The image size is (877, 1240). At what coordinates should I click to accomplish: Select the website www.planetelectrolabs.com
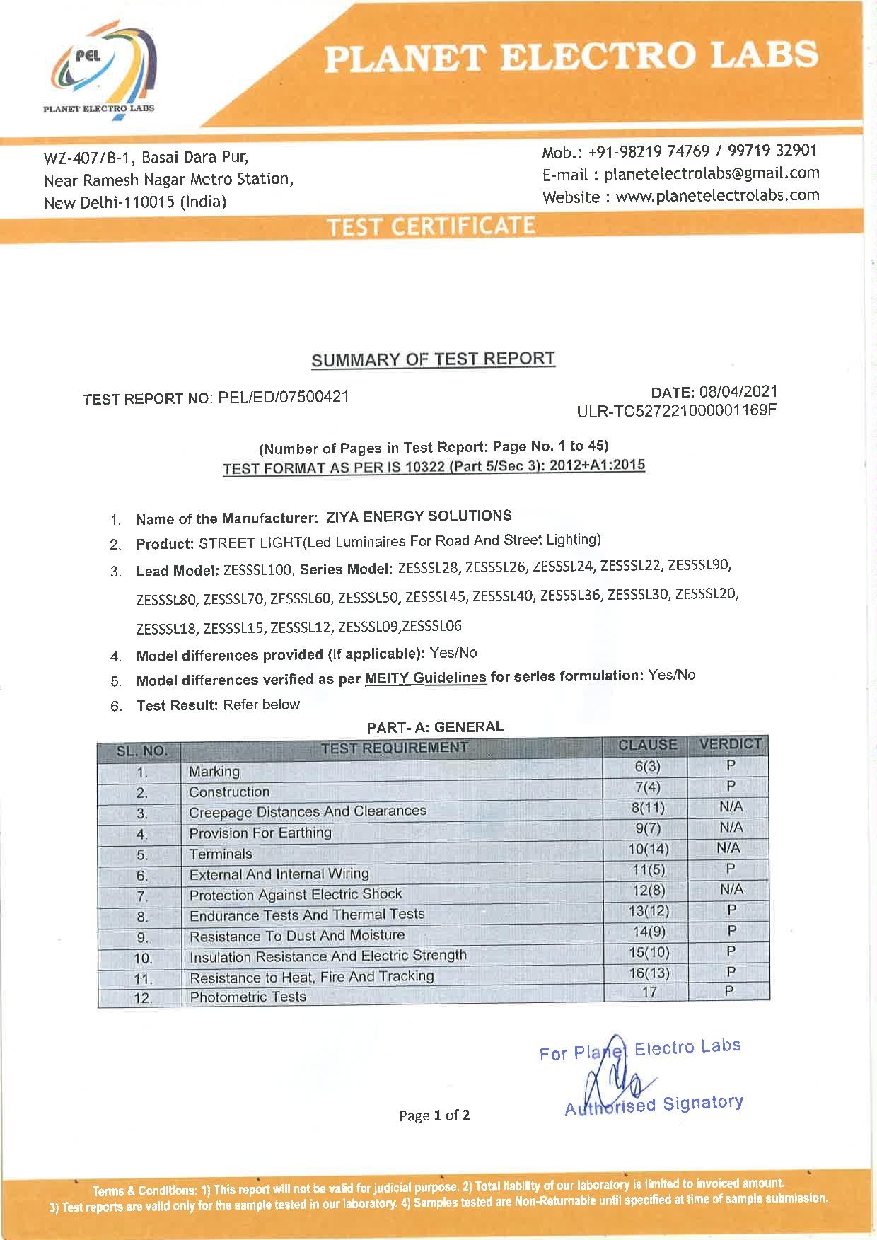coord(717,196)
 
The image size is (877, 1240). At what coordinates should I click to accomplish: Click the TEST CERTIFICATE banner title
coord(431,226)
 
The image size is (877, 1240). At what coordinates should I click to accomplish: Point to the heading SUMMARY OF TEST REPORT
coord(433,359)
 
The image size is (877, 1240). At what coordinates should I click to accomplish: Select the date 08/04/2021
coord(738,392)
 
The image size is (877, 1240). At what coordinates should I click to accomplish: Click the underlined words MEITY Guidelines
coord(425,678)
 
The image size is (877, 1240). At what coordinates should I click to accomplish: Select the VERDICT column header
coord(730,744)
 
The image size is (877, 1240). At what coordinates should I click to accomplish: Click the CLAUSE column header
coord(647,745)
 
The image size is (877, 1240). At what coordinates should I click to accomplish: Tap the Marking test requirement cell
coord(214,772)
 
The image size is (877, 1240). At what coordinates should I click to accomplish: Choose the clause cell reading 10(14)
coord(647,849)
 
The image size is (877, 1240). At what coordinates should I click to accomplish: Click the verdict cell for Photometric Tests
coord(729,992)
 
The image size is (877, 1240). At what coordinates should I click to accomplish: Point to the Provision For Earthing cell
coord(260,833)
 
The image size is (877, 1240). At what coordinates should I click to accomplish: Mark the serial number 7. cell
coord(142,897)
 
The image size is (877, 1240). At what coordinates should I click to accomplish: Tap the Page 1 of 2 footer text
coord(434,1116)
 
